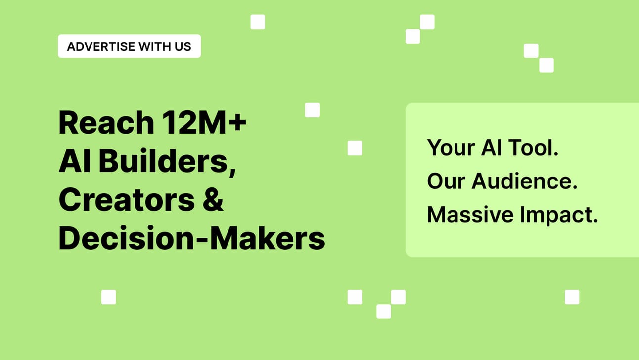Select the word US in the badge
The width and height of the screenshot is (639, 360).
click(183, 46)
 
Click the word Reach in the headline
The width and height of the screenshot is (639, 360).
click(106, 123)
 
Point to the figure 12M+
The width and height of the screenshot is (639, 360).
click(204, 122)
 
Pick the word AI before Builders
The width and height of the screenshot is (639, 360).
click(75, 161)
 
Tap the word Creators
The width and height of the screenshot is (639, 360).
click(127, 199)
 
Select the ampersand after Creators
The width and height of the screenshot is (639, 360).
click(213, 199)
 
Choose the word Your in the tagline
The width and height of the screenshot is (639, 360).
click(451, 148)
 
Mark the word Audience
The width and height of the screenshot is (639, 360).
click(525, 181)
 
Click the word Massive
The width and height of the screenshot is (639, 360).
click(470, 214)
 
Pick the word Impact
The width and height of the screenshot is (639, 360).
click(559, 215)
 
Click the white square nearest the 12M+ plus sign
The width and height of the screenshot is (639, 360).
click(312, 110)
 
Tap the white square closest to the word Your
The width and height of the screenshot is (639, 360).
click(355, 148)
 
